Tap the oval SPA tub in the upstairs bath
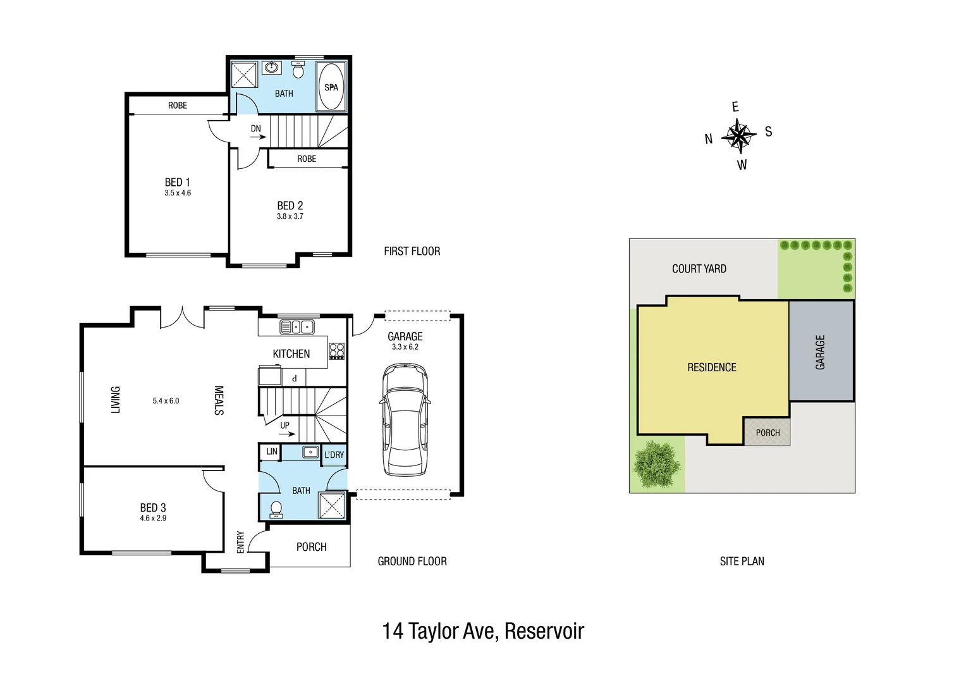tap(331, 87)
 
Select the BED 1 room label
tap(178, 182)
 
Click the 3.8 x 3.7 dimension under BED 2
tap(290, 216)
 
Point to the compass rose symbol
tap(738, 135)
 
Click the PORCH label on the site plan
tap(767, 433)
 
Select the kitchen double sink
tap(297, 327)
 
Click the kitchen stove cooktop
tap(336, 351)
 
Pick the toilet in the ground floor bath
tap(276, 509)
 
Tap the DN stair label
tap(255, 128)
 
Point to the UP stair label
tap(284, 426)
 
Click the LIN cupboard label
tap(271, 452)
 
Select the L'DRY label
tap(334, 455)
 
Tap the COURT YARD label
tap(699, 269)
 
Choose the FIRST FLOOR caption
tap(412, 251)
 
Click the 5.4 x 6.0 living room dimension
tap(166, 401)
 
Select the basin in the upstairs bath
tap(272, 67)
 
